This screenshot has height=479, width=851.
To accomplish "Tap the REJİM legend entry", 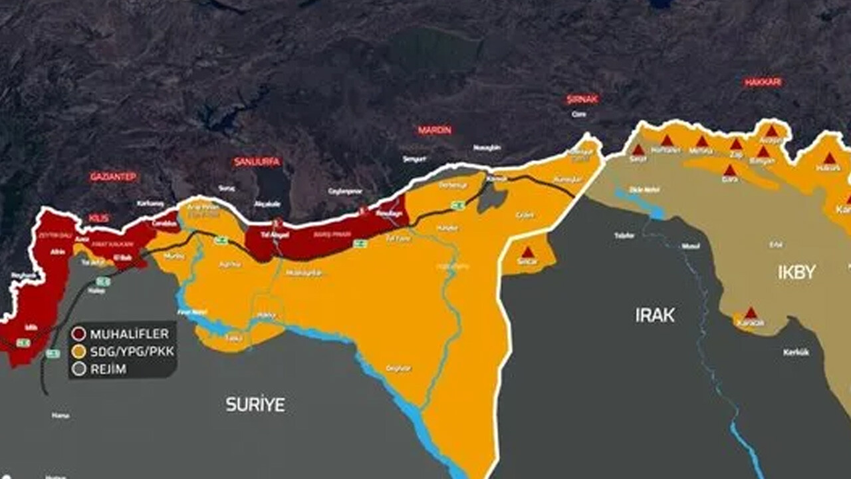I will [108, 369].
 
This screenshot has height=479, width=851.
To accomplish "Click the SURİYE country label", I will [255, 404].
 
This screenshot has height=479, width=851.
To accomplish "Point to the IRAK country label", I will [654, 315].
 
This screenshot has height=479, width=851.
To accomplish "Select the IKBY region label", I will [796, 271].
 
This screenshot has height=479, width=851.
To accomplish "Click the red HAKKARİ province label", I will [763, 82].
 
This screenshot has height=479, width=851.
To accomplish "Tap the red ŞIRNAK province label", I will [582, 99].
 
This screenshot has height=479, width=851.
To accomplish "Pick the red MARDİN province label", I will [435, 130].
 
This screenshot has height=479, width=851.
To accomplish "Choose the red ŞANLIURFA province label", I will [257, 162].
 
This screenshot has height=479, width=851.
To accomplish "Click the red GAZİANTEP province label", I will [114, 177].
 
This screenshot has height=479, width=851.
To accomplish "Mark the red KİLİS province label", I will [98, 218].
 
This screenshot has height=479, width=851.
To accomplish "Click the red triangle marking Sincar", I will [527, 253].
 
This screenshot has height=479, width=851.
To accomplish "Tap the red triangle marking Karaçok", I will [751, 313].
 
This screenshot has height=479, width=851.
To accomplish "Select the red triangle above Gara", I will [729, 170].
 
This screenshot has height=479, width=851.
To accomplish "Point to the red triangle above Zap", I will [736, 144].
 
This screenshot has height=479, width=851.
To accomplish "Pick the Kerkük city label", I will [796, 353].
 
